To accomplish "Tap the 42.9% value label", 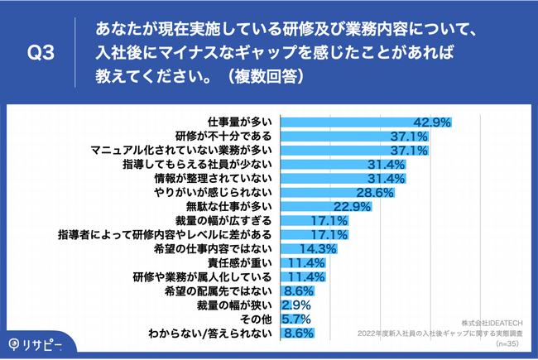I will pyautogui.click(x=432, y=122).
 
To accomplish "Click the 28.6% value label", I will pyautogui.click(x=380, y=193).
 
